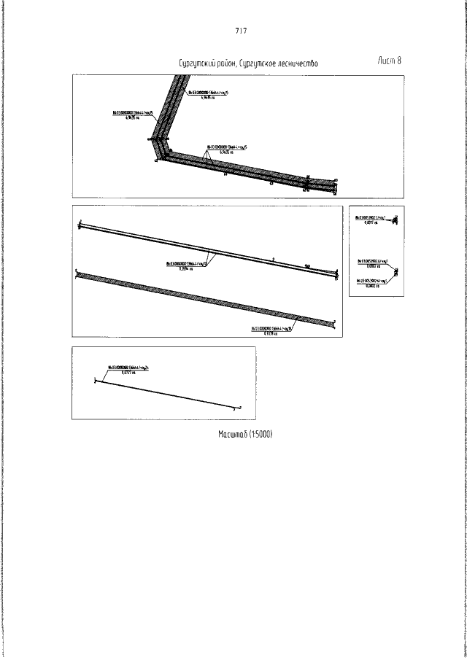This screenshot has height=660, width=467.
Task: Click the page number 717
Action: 242,31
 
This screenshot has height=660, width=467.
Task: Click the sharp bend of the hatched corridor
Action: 158,144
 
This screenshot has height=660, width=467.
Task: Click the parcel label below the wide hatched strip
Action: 271,332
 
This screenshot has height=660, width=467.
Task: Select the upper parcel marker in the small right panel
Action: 393,220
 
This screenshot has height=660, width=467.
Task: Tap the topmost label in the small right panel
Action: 369,220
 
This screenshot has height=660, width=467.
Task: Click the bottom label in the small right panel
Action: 371,282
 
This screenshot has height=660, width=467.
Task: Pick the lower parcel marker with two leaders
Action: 395,273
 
